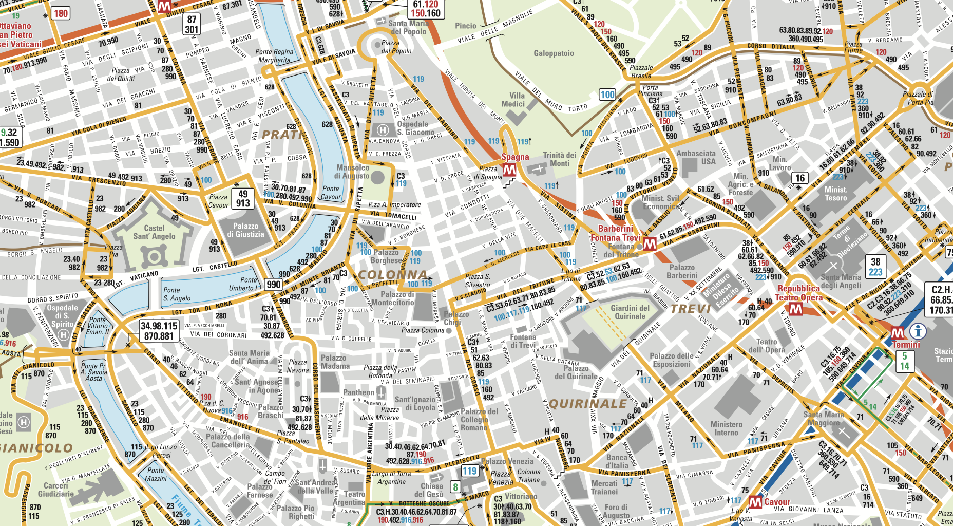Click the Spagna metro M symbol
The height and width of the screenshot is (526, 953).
tap(509, 170)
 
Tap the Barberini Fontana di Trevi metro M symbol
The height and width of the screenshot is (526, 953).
tap(650, 244)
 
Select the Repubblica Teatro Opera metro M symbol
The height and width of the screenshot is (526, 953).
tap(796, 309)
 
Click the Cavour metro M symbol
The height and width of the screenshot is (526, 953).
tap(755, 502)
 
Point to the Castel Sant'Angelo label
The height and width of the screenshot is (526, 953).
tap(154, 232)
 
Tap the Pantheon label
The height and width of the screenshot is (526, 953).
tap(358, 392)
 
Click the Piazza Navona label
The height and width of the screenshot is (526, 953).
tap(298, 366)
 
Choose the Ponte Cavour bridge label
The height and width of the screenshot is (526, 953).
tap(331, 193)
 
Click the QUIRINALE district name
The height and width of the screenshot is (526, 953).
tap(588, 404)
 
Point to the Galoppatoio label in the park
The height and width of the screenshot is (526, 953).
tap(554, 53)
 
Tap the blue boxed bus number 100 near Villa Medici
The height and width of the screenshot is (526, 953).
tap(607, 95)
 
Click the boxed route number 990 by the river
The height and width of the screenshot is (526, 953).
tap(273, 284)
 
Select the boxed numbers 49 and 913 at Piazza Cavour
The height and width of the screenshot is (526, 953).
tap(243, 198)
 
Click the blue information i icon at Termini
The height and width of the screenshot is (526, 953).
tap(918, 331)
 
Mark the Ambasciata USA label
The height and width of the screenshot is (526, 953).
tap(696, 157)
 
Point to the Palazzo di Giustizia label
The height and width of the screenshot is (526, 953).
tap(245, 230)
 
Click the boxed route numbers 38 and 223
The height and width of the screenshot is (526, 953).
tap(875, 267)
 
